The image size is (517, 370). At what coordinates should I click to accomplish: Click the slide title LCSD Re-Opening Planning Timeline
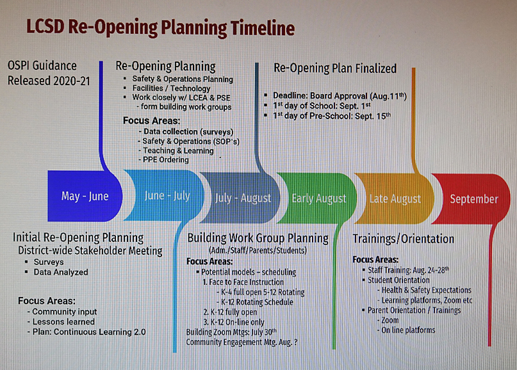[160, 28]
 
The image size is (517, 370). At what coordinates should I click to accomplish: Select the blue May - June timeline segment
[85, 196]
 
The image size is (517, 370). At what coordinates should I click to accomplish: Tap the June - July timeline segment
[165, 196]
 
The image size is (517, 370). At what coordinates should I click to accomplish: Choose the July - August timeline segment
[241, 198]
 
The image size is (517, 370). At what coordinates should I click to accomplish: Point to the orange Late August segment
[395, 198]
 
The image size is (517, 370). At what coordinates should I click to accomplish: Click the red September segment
[472, 199]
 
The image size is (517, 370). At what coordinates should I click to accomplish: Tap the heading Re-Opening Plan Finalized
[335, 68]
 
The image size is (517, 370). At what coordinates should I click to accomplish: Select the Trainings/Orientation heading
[403, 239]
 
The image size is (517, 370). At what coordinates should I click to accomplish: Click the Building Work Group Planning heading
[258, 238]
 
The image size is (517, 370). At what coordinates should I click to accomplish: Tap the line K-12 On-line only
[234, 322]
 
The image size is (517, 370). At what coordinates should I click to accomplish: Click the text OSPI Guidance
[42, 65]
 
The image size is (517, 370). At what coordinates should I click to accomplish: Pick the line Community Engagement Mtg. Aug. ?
[242, 342]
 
